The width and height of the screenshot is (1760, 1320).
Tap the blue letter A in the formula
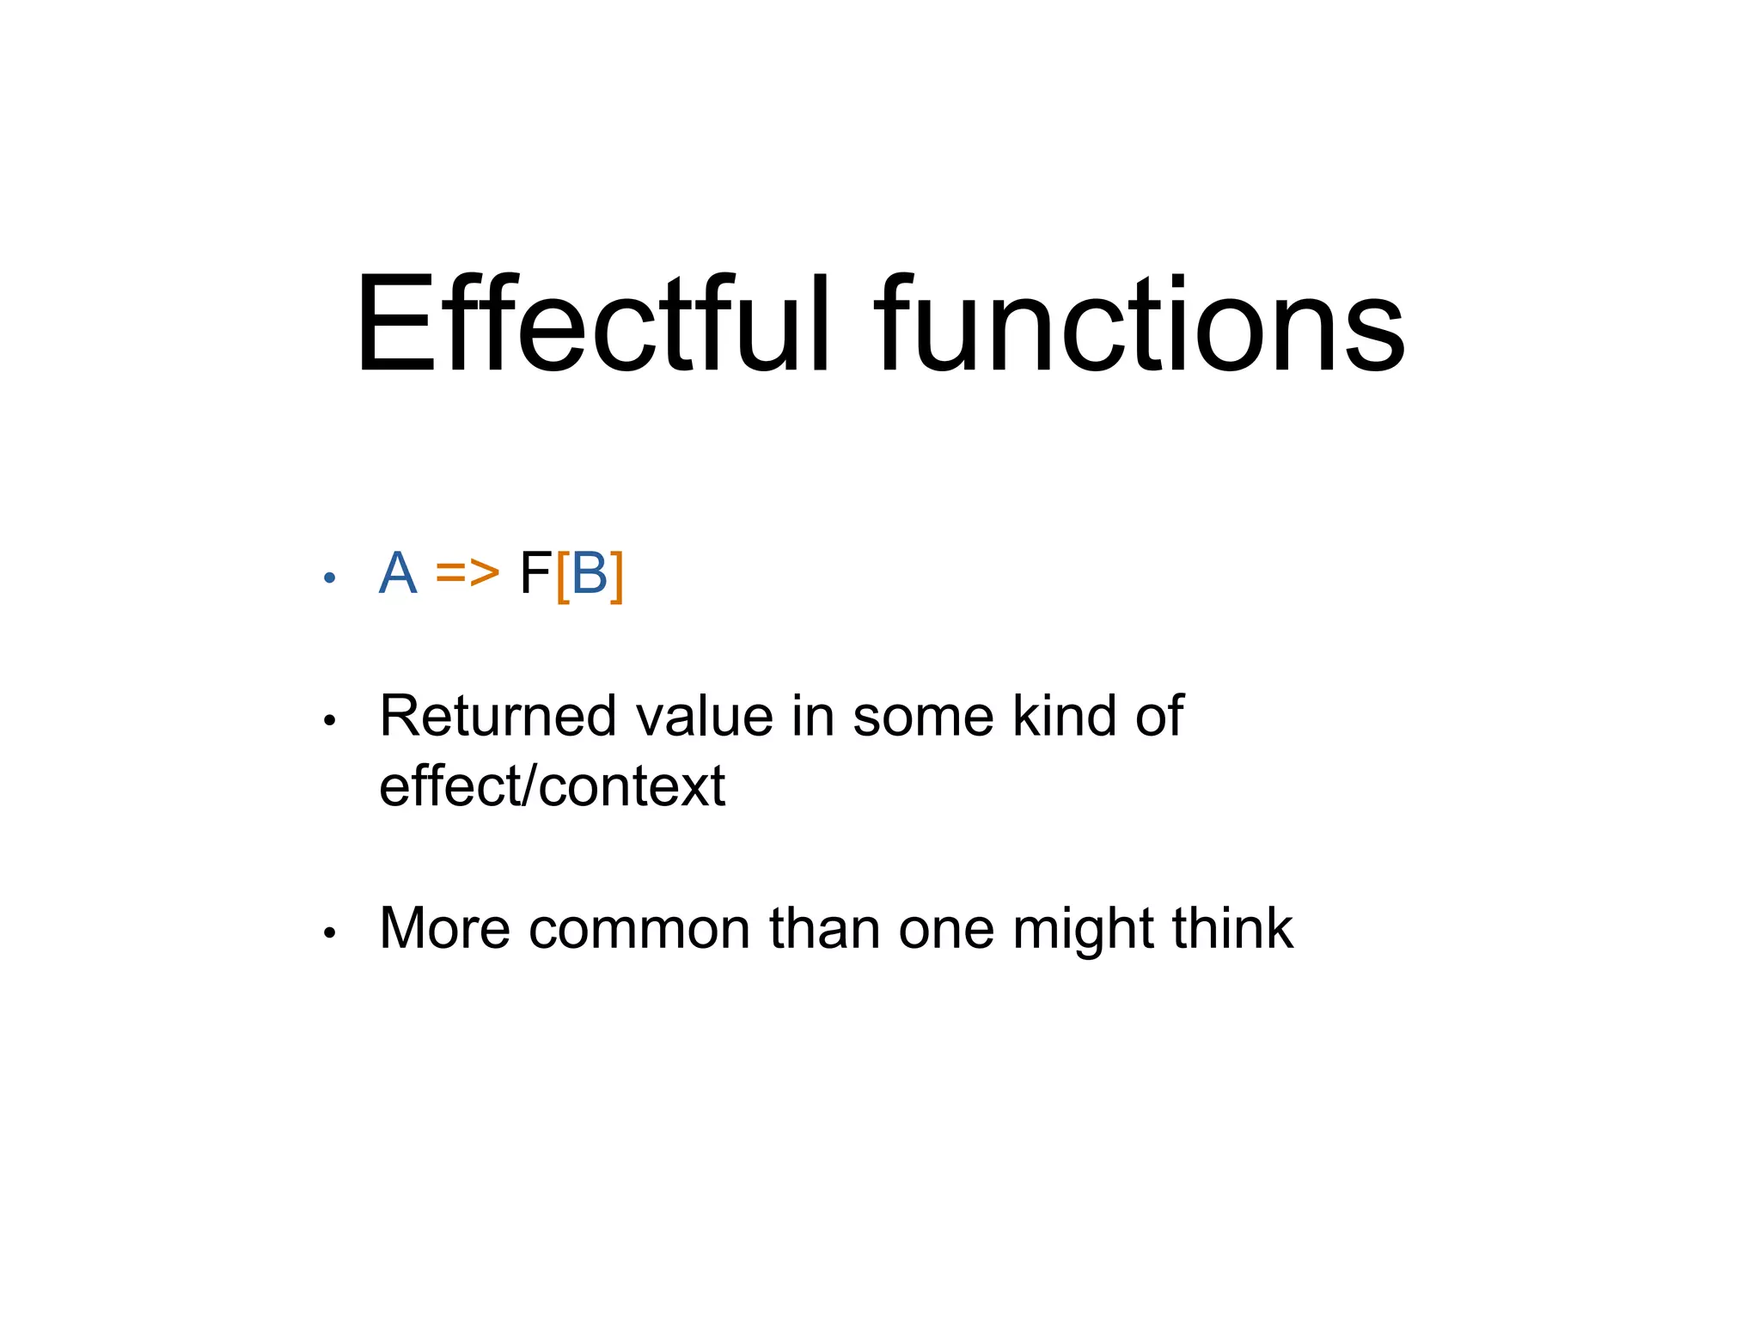[398, 573]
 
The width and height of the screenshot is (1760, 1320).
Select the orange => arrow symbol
[467, 573]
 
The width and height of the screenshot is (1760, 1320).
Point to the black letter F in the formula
[535, 573]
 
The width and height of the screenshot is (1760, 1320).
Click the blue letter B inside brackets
[590, 573]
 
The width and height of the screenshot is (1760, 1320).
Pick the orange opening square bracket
[563, 576]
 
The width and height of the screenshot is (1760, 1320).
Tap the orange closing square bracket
[616, 576]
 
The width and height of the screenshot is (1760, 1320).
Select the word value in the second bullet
[704, 716]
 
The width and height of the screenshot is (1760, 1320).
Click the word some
[923, 716]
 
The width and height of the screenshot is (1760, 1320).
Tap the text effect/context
[552, 786]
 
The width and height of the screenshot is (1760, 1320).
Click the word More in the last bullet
[444, 929]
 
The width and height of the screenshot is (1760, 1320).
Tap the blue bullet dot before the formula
[328, 578]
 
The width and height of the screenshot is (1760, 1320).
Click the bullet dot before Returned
[328, 721]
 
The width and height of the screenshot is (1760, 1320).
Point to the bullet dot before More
[328, 933]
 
